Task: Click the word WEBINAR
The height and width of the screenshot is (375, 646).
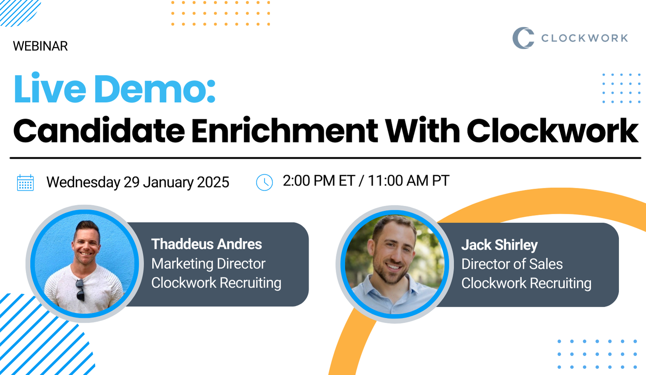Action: click(40, 46)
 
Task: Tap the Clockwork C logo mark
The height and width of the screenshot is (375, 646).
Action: click(523, 38)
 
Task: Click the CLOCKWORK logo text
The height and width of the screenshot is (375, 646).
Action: click(585, 38)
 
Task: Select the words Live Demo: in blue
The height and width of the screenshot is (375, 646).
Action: click(114, 89)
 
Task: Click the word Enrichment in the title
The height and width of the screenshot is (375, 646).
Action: click(284, 131)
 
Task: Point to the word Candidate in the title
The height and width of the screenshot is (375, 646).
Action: click(99, 131)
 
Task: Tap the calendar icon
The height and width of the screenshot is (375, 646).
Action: click(26, 183)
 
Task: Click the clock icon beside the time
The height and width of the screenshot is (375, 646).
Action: click(264, 182)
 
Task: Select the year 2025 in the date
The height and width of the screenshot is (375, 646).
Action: click(213, 182)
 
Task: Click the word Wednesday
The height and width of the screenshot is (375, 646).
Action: click(83, 182)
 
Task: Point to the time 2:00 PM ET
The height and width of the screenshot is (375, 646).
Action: click(319, 181)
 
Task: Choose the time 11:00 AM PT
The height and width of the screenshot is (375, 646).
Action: click(408, 181)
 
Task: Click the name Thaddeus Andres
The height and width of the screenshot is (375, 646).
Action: click(207, 244)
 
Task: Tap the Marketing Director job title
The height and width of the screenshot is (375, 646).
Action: click(208, 264)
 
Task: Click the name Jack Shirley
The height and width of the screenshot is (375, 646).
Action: click(499, 245)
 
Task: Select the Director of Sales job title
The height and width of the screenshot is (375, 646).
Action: click(512, 264)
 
